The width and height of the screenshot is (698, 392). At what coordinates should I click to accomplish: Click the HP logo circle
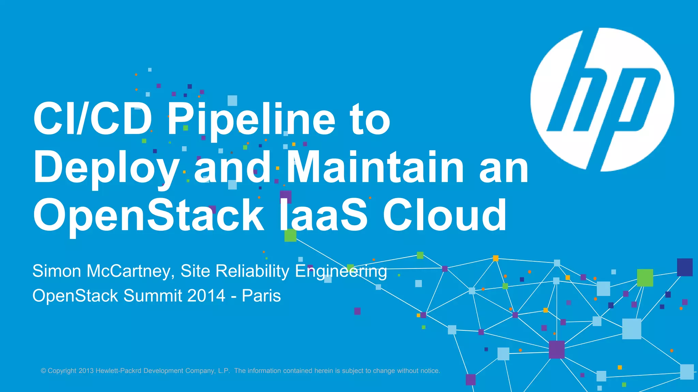[602, 99]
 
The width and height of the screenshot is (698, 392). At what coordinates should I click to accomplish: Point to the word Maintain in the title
[375, 167]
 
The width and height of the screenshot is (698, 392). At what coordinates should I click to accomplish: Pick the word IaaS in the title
[323, 215]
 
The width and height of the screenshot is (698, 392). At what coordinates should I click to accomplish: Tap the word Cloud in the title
[444, 215]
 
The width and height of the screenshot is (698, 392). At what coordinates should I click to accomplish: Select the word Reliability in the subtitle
[252, 271]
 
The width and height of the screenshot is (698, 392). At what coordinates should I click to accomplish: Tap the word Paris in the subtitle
[261, 296]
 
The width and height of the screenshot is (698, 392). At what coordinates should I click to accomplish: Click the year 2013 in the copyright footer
[86, 371]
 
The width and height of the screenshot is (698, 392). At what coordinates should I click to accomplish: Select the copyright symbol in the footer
[44, 371]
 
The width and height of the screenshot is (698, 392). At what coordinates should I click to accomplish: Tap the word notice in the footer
[430, 371]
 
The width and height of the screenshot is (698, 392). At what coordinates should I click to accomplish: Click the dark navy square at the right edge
[684, 267]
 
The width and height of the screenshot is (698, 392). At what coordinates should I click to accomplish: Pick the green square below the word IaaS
[290, 235]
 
